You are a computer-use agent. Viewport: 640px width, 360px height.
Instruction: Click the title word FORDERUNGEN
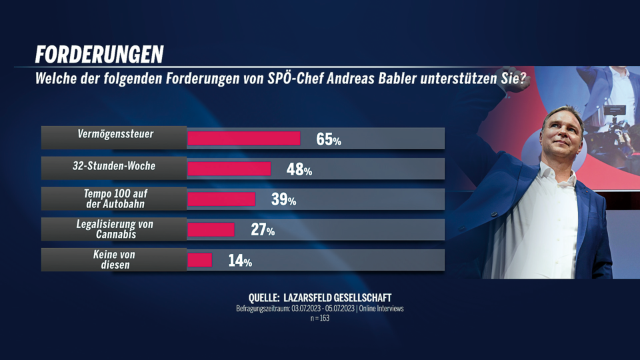tap(99, 55)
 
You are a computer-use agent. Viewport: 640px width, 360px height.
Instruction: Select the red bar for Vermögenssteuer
tap(244, 139)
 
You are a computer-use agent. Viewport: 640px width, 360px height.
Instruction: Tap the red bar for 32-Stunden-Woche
tap(229, 169)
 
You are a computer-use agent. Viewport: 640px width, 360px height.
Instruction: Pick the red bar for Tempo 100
tap(222, 199)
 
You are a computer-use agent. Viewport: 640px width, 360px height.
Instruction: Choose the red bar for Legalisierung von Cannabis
tap(211, 230)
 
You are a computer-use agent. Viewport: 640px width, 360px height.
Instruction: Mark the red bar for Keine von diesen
tap(200, 260)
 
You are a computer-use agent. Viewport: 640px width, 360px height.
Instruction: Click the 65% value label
tap(329, 139)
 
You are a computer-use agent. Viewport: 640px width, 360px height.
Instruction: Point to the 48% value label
tap(299, 170)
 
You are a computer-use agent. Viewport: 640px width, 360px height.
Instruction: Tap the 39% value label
tap(283, 200)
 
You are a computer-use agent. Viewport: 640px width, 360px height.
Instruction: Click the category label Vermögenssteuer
tap(114, 135)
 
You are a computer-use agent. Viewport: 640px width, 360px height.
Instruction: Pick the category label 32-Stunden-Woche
tap(114, 165)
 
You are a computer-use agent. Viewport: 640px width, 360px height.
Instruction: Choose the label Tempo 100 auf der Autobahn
tap(114, 199)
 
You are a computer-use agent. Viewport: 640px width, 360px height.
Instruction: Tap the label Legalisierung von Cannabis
tap(114, 229)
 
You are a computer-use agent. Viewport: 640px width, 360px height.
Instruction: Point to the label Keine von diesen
tap(114, 260)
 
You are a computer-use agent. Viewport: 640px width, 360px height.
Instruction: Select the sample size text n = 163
tap(320, 318)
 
